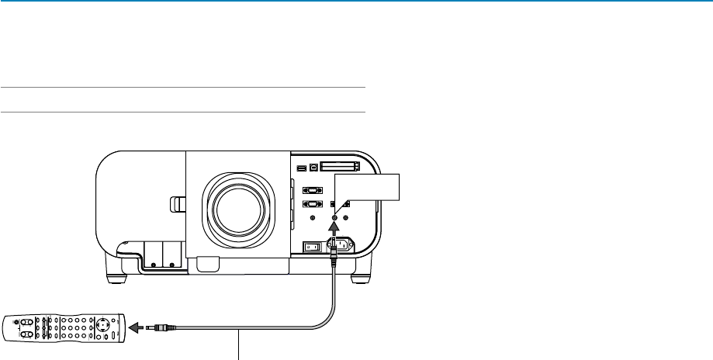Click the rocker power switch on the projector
point(310,247)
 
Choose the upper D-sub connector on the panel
point(312,189)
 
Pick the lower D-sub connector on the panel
point(312,205)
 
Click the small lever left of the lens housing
point(176,205)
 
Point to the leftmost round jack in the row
point(313,218)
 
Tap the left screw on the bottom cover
point(152,264)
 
